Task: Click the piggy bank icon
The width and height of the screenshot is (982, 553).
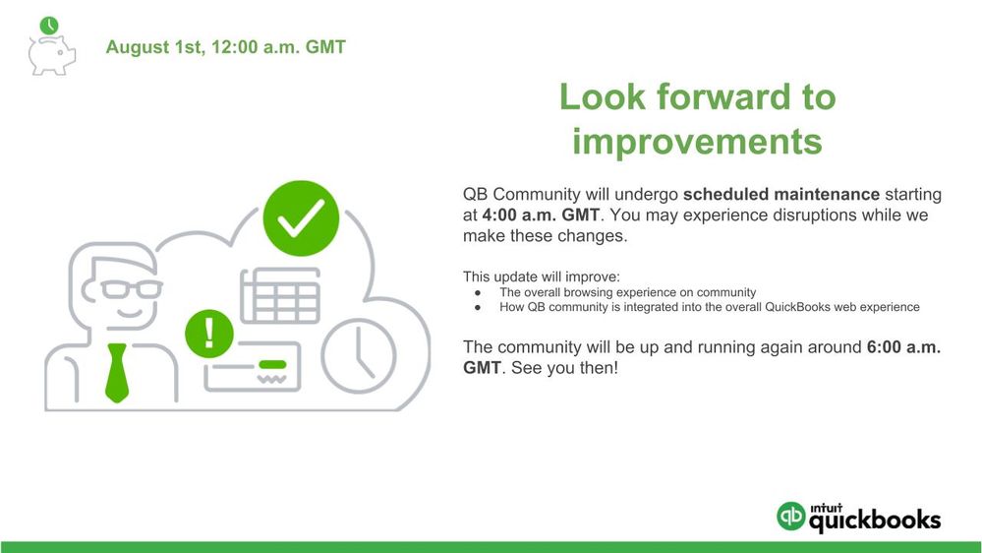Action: (x=51, y=55)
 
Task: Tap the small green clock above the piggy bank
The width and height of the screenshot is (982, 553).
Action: (x=49, y=26)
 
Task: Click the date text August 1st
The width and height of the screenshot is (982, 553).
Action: (x=155, y=47)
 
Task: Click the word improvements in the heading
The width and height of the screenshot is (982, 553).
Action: (x=697, y=141)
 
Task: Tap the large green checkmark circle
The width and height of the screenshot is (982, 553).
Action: (x=301, y=218)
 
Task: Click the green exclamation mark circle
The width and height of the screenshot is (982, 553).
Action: (x=209, y=334)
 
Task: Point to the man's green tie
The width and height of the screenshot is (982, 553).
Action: (x=117, y=372)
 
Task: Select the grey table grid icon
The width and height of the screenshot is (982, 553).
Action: (x=280, y=296)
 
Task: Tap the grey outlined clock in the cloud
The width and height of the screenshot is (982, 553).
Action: (x=359, y=356)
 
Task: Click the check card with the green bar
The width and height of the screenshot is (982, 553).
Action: (x=253, y=367)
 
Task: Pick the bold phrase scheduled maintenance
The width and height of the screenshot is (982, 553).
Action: (x=780, y=195)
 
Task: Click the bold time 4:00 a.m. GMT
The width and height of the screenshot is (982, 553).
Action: (x=541, y=215)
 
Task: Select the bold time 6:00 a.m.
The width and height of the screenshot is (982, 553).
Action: (x=903, y=347)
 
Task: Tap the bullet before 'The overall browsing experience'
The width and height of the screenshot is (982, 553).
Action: (x=478, y=293)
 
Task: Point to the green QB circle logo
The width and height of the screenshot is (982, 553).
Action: (x=791, y=516)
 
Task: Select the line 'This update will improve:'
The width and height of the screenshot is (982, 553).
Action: (x=541, y=276)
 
